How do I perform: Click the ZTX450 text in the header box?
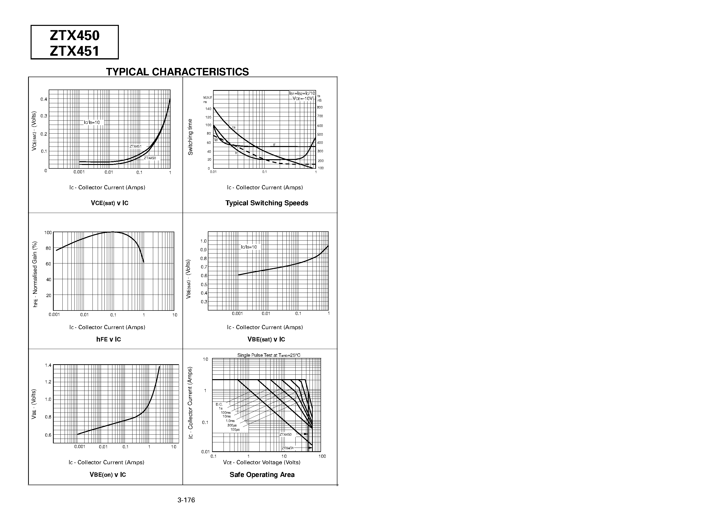pyautogui.click(x=75, y=36)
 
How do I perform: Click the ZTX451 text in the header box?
pyautogui.click(x=75, y=51)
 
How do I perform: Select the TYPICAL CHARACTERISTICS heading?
pyautogui.click(x=177, y=72)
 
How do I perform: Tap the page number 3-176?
pyautogui.click(x=186, y=500)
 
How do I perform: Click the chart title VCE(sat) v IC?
pyautogui.click(x=110, y=203)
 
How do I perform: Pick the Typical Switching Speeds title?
pyautogui.click(x=267, y=203)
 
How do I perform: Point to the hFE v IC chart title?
pyautogui.click(x=109, y=339)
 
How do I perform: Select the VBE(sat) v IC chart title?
pyautogui.click(x=266, y=339)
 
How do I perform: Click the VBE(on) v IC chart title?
pyautogui.click(x=108, y=475)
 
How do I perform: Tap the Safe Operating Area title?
pyautogui.click(x=262, y=475)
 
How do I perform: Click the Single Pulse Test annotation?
pyautogui.click(x=269, y=355)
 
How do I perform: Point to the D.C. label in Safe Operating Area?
pyautogui.click(x=219, y=404)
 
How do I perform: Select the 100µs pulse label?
pyautogui.click(x=235, y=430)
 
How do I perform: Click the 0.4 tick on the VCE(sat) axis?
pyautogui.click(x=44, y=99)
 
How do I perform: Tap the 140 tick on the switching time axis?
pyautogui.click(x=208, y=109)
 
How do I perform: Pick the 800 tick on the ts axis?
pyautogui.click(x=320, y=107)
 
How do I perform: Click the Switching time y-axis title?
pyautogui.click(x=190, y=137)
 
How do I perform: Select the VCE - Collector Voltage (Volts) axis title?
pyautogui.click(x=262, y=462)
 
